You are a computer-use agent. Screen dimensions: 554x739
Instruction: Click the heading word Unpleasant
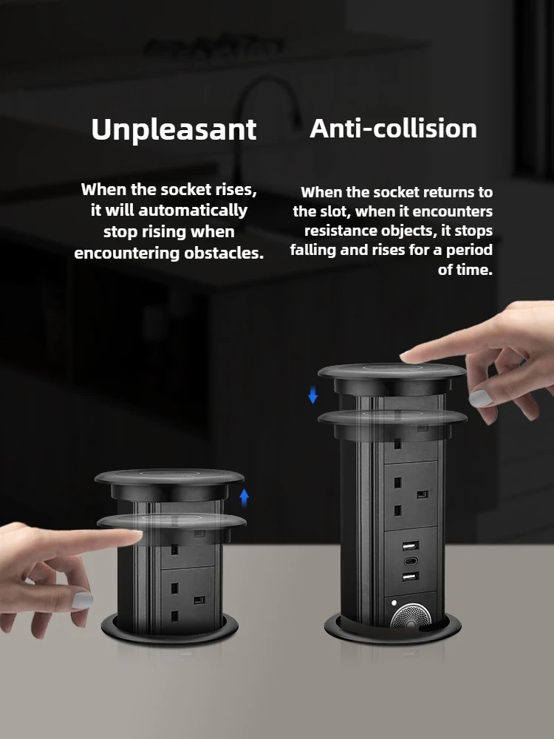pyautogui.click(x=174, y=129)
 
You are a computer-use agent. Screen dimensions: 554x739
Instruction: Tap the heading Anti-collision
pyautogui.click(x=394, y=128)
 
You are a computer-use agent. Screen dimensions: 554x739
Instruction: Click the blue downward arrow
pyautogui.click(x=312, y=395)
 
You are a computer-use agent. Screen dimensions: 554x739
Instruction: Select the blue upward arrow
pyautogui.click(x=244, y=497)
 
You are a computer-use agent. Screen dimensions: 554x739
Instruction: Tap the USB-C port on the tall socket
pyautogui.click(x=409, y=562)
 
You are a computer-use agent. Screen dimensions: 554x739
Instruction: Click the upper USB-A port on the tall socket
pyautogui.click(x=410, y=546)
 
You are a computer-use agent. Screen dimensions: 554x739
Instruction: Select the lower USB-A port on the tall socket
pyautogui.click(x=410, y=576)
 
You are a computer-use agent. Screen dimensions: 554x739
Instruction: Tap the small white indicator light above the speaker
pyautogui.click(x=394, y=603)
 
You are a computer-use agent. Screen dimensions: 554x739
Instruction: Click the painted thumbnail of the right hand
pyautogui.click(x=480, y=399)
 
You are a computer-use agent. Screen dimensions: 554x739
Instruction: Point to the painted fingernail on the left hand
pyautogui.click(x=83, y=600)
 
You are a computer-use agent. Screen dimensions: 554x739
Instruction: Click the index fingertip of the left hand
pyautogui.click(x=136, y=536)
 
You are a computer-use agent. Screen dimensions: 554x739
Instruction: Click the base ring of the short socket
pyautogui.click(x=170, y=634)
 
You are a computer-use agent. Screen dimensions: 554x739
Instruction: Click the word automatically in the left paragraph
pyautogui.click(x=193, y=210)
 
